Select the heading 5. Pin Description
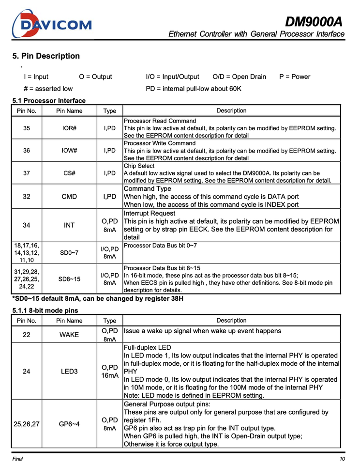[x=46, y=56]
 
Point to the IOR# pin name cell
[x=69, y=128]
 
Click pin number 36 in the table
[x=27, y=151]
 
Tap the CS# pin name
[x=69, y=173]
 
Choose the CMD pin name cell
[x=69, y=197]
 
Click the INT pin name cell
[x=69, y=225]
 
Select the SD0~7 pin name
[x=69, y=253]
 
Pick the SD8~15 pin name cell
[x=69, y=279]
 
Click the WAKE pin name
[x=69, y=335]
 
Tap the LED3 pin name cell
[x=69, y=372]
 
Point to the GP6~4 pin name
[x=69, y=424]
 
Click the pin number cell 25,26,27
[x=27, y=424]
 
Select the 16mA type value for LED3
[x=110, y=376]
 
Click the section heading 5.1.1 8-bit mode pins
[x=45, y=310]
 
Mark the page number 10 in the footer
[x=342, y=459]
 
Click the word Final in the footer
[x=17, y=459]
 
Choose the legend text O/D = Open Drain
[x=239, y=77]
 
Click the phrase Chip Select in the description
[x=139, y=166]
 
